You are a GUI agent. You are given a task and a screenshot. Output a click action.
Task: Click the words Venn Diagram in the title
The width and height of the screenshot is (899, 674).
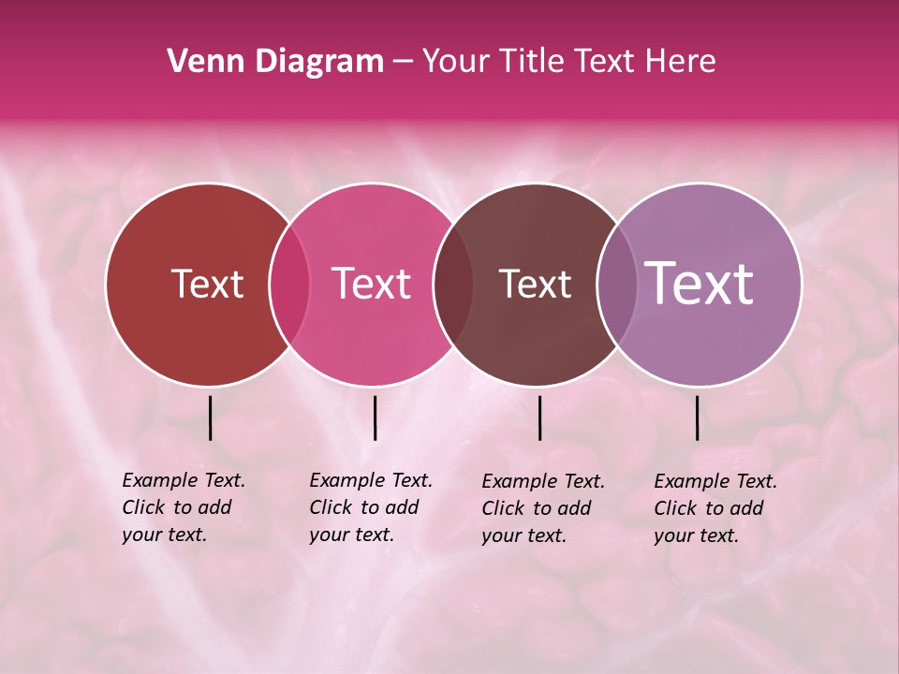point(275,62)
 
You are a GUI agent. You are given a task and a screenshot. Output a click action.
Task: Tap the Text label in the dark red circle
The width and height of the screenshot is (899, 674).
point(207,284)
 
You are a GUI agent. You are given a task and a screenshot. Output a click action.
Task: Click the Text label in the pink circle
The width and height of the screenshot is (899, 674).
point(372,284)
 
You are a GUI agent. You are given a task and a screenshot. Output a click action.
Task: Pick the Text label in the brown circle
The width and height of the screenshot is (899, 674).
point(535,284)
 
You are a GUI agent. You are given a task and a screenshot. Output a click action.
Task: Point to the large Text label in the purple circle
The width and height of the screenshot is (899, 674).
point(699,283)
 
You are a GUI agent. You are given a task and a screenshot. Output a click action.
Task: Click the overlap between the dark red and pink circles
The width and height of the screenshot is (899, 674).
point(289,285)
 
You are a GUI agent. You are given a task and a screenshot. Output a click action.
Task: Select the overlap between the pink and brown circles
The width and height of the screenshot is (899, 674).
point(452,285)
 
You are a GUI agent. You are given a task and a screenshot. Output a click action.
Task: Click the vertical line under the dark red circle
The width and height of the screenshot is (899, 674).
point(211,418)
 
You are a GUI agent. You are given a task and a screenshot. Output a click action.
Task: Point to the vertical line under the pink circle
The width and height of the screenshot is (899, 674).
point(375,418)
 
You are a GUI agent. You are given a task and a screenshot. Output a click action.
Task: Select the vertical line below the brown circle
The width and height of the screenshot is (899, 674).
point(539,418)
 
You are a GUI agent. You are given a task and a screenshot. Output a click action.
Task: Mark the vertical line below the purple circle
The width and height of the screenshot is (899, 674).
point(698,418)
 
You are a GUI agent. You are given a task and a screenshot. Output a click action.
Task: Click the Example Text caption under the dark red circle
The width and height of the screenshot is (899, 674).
point(184,507)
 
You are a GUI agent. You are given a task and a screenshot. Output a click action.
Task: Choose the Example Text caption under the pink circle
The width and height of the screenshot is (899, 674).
point(371,507)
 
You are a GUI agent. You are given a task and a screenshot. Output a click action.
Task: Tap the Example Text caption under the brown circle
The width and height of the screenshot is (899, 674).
point(543,508)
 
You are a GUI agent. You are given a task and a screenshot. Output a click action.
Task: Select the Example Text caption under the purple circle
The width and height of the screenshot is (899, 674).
point(715,508)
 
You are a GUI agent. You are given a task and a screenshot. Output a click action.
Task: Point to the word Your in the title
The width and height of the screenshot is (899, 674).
point(456,62)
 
